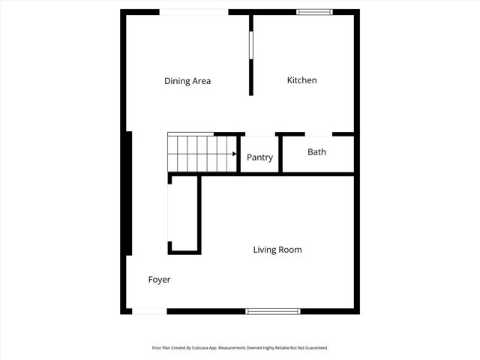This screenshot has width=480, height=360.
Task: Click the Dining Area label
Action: point(187,81)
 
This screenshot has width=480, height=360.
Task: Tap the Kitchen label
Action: point(302,80)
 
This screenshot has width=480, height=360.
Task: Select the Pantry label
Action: point(259,157)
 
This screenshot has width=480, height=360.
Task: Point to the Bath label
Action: point(316,152)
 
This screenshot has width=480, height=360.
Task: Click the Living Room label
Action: point(277,250)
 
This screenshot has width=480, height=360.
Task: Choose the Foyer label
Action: point(159,280)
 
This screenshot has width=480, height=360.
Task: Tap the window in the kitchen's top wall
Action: point(314,12)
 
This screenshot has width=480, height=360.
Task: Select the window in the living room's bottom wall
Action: point(273,311)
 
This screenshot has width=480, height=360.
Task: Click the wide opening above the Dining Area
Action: point(193,12)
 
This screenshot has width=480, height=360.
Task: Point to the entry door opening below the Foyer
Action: point(149,311)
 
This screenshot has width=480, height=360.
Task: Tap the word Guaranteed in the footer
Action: point(313,348)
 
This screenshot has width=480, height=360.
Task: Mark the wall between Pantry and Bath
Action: point(280,154)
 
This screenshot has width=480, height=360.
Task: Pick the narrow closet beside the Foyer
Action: point(184,214)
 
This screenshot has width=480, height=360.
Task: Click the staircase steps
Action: point(199,153)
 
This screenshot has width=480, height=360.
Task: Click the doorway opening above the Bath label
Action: point(319,134)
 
